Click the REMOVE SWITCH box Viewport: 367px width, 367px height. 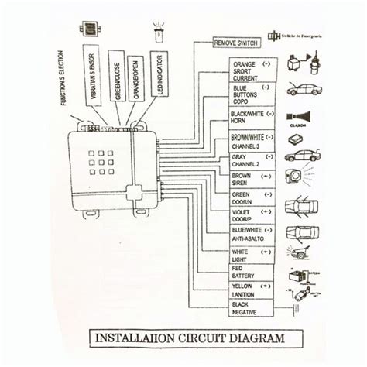click(236, 43)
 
